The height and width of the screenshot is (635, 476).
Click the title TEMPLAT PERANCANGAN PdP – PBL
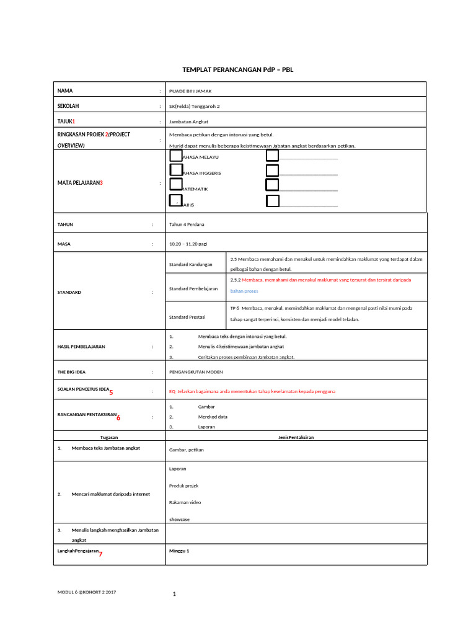237,69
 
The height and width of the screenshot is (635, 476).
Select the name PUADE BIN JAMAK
190,91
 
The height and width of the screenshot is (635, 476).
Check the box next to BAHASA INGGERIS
176,170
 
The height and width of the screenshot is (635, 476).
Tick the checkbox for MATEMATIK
176,185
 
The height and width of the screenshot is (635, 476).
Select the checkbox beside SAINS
176,200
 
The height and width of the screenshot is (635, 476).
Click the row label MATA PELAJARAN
80,183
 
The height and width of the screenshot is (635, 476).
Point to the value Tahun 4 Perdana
187,224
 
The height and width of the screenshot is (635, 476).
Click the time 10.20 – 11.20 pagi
188,244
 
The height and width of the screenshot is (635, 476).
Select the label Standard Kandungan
190,265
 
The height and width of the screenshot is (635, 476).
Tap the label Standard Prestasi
188,317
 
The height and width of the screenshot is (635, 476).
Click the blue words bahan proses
244,291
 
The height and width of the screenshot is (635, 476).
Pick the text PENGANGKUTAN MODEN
196,372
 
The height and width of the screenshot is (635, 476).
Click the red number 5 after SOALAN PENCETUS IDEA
111,393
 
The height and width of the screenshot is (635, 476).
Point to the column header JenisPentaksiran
296,437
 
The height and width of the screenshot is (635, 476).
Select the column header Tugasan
109,437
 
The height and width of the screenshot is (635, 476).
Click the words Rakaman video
185,502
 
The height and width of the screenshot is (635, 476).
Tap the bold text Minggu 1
179,551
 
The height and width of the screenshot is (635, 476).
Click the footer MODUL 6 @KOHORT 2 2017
87,592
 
